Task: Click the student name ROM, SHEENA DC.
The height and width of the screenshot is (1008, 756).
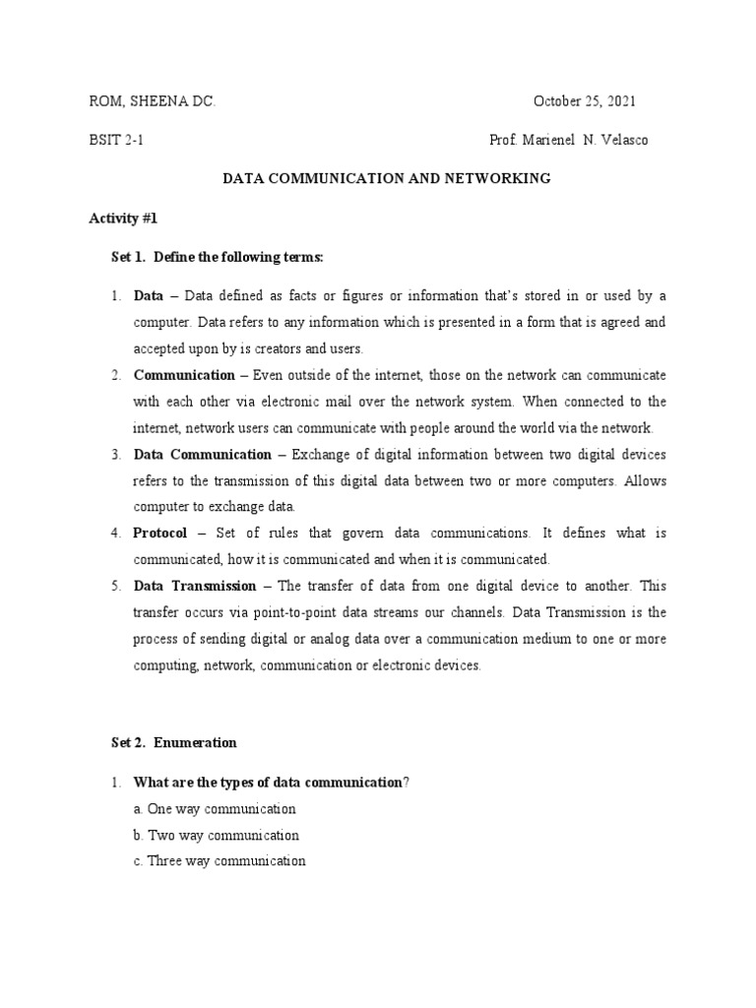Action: (152, 101)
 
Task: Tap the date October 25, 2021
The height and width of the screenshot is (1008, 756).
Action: (585, 101)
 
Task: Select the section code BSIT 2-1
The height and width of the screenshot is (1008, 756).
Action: (116, 140)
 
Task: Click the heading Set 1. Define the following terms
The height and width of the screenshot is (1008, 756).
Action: (217, 256)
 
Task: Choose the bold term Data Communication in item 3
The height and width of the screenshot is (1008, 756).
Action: (202, 454)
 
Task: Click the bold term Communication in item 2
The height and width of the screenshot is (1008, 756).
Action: (184, 375)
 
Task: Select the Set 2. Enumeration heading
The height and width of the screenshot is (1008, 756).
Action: (173, 742)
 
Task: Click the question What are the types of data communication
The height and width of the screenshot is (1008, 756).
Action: (268, 783)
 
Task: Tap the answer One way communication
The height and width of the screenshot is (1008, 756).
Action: (221, 809)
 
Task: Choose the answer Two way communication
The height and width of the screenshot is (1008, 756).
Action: (222, 835)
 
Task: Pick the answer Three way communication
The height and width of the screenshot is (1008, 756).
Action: (226, 860)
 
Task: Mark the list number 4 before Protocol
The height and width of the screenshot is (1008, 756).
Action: (114, 533)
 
